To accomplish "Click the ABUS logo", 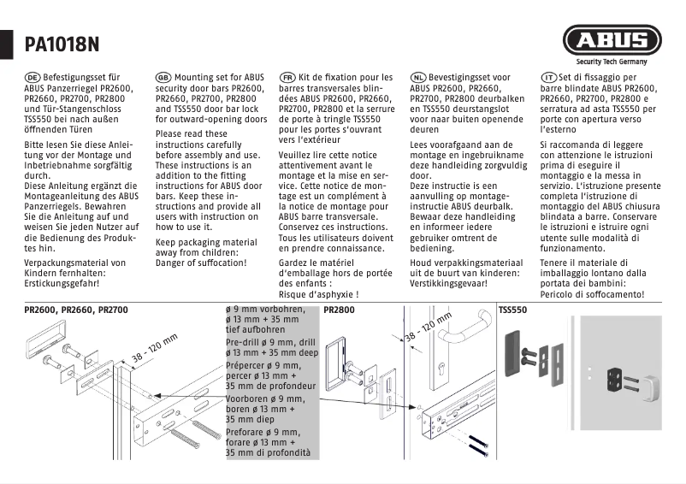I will coord(611,40).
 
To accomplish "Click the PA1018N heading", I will coord(62,44).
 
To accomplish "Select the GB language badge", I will coord(163,77).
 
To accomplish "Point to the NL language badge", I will coord(418,77).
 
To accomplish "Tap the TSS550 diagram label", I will coord(512,309).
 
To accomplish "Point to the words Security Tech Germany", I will coord(612,62).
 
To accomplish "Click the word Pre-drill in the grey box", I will coord(243,342).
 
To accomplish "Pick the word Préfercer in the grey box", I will coord(246,363).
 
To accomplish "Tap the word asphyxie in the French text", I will coord(332,294).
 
